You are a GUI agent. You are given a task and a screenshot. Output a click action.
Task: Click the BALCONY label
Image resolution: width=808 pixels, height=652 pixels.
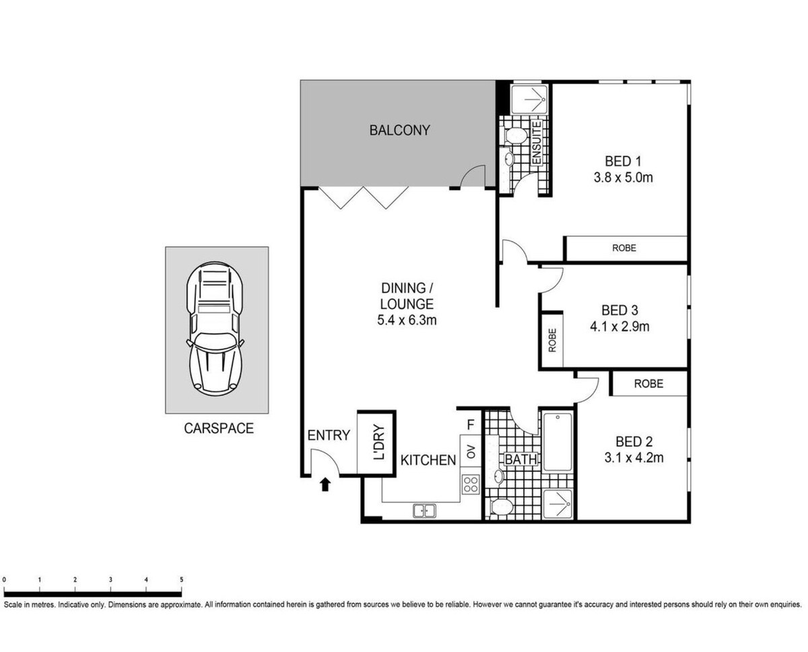[399, 130]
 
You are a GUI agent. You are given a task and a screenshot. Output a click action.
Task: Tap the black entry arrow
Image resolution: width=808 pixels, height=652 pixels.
[325, 484]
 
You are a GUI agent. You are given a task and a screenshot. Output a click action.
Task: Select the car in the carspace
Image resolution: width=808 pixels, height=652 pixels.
[215, 329]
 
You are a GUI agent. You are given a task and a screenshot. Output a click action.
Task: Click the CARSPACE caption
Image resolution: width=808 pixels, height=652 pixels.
[219, 428]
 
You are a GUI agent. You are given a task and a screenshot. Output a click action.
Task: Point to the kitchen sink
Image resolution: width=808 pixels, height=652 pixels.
[424, 511]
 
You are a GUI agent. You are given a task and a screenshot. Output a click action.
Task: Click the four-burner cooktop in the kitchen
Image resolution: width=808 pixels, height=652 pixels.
[471, 484]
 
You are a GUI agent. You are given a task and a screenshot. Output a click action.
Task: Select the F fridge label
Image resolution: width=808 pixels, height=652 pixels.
[471, 425]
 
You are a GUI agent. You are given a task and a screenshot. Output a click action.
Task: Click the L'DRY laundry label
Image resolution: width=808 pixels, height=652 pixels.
[380, 442]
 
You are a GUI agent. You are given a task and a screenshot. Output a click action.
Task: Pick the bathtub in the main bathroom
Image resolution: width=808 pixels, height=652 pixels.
[558, 442]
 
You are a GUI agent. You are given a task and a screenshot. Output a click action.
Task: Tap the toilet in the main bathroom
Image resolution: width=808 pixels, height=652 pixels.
[501, 507]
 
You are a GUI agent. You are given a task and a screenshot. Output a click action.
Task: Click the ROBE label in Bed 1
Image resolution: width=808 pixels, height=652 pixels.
[624, 249]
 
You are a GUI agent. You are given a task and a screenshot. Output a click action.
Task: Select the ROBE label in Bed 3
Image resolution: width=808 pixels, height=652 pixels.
[552, 340]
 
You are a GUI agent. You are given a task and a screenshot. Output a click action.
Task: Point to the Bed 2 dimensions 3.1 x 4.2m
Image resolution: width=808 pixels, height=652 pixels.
[634, 458]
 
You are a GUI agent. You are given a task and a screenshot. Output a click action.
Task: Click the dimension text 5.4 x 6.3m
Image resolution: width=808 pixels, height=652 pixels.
[407, 320]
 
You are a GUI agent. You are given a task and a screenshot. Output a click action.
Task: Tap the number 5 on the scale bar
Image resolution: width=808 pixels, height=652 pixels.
[182, 579]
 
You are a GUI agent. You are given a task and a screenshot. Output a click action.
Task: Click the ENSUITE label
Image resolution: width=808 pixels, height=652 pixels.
[537, 142]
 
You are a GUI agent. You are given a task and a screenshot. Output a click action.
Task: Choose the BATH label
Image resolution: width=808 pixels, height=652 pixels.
[520, 459]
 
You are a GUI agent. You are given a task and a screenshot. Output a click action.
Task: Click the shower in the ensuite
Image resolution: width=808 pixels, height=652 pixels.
[529, 100]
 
